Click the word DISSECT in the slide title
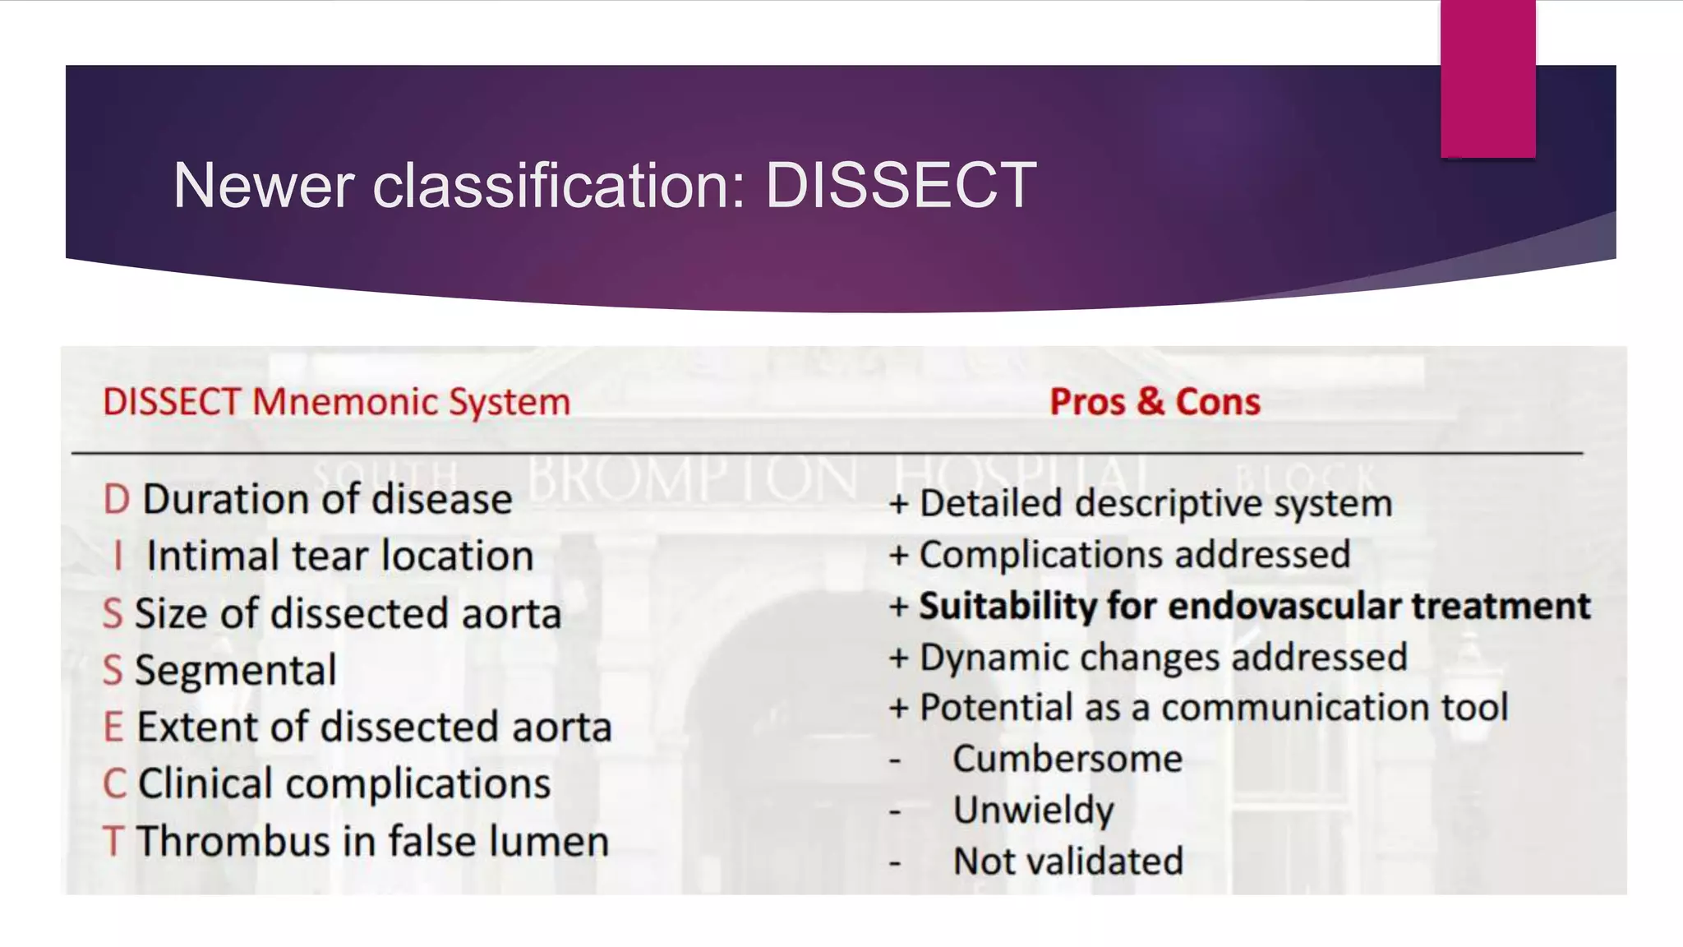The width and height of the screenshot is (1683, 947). tap(901, 186)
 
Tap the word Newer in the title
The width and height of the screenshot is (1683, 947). tap(264, 186)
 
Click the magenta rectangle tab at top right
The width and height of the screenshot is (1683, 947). tap(1487, 78)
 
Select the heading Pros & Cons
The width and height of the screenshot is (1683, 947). tap(1155, 402)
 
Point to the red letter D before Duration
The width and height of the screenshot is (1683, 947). tap(116, 500)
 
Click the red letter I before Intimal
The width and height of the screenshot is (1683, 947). tap(118, 557)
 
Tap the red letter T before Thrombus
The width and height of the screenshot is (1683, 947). tap(113, 842)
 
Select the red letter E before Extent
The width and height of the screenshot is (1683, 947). tap(113, 728)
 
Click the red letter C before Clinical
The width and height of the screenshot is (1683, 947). tap(114, 784)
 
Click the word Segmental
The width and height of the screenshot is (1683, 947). tap(235, 671)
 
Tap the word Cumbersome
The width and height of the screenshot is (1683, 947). tap(1067, 759)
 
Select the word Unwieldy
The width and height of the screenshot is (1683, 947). tap(1033, 811)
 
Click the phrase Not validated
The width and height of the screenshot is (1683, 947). tap(1067, 862)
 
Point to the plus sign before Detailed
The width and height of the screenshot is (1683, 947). tap(898, 504)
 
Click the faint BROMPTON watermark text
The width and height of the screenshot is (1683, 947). tap(692, 479)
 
